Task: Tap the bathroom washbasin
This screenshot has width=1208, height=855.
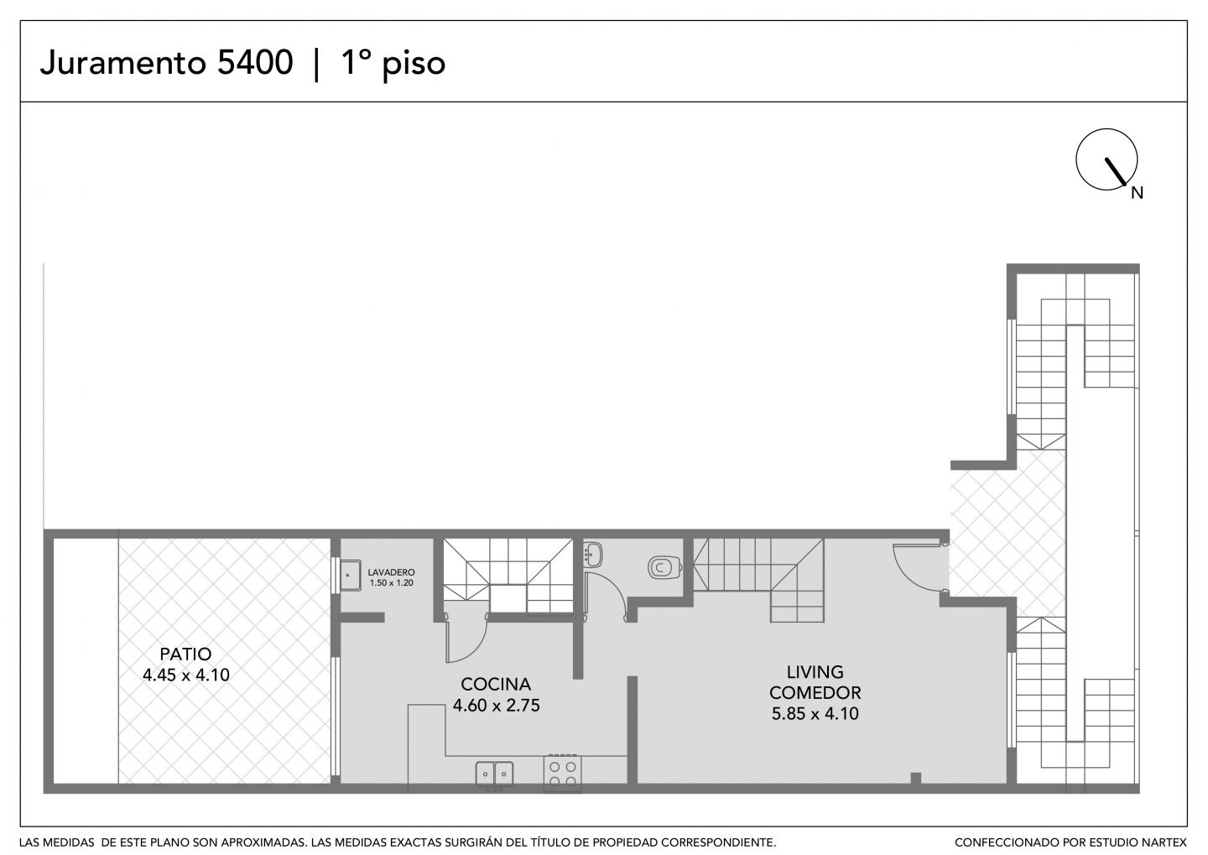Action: (592, 555)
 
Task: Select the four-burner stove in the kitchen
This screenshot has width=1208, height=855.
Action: (562, 774)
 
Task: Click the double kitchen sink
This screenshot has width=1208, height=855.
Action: (494, 774)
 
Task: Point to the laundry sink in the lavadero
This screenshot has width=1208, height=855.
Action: (350, 576)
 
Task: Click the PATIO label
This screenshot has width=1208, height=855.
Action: (185, 654)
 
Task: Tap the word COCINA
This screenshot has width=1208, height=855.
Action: (496, 684)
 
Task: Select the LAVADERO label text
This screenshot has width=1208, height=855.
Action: (391, 572)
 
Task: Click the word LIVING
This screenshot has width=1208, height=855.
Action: (815, 671)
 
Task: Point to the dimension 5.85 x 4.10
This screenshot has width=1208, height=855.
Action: (815, 714)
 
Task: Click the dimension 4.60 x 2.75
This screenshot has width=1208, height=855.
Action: (496, 705)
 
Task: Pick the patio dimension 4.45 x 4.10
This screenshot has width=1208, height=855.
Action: (186, 675)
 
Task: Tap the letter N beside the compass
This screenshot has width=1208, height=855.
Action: (1137, 193)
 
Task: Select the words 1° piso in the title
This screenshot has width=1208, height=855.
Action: (393, 64)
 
